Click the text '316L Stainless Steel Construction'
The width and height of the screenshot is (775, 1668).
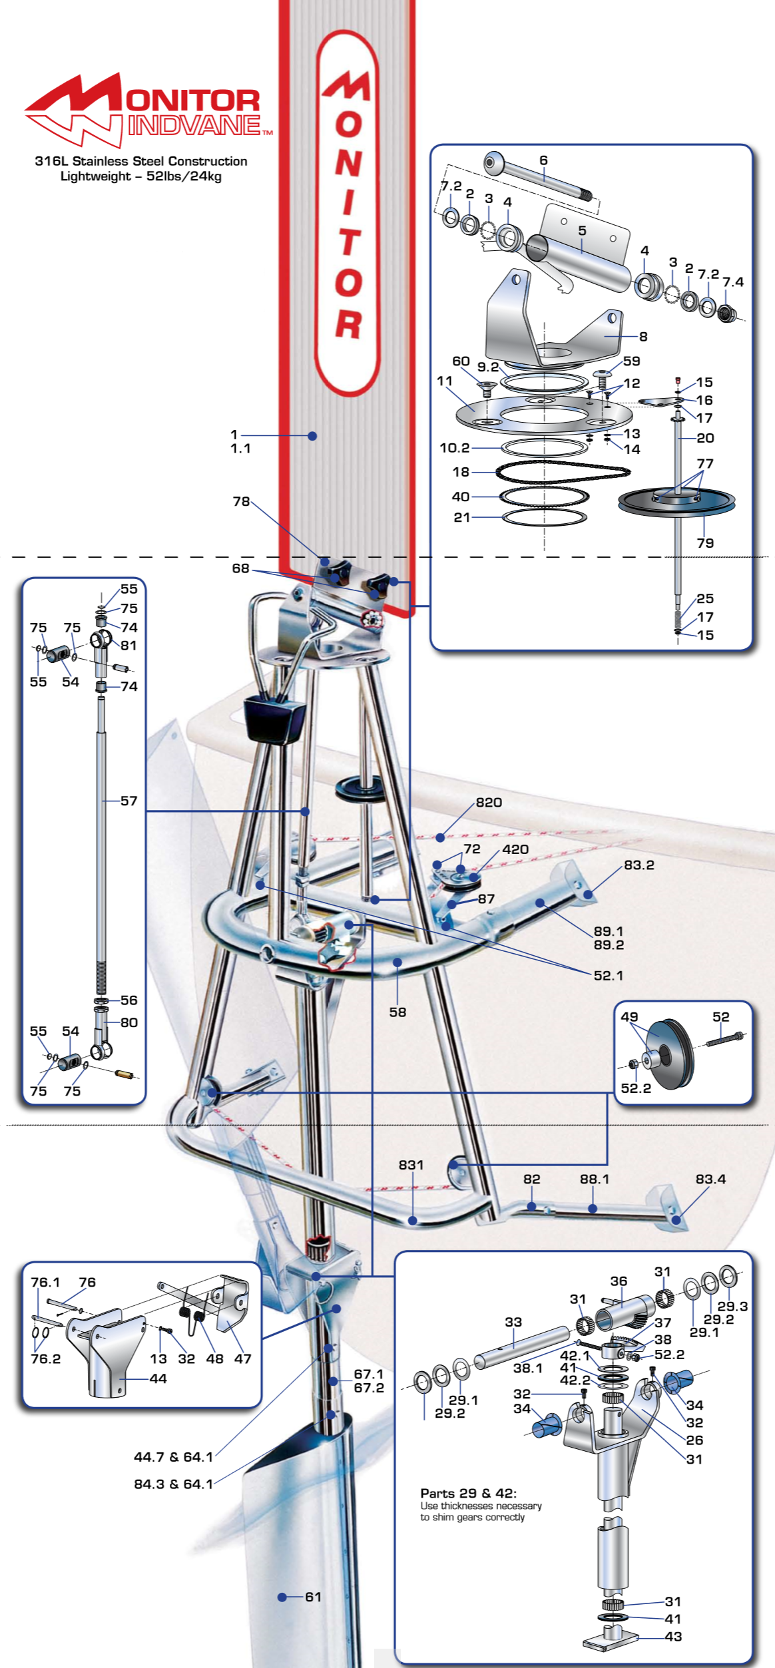tap(141, 161)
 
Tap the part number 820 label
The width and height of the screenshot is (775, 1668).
tap(489, 802)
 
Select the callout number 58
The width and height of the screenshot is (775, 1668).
tap(397, 1012)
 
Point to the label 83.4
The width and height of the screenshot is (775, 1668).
tap(710, 1179)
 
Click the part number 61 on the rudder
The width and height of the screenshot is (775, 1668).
tap(313, 1597)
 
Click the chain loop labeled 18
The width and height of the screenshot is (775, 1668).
tap(563, 471)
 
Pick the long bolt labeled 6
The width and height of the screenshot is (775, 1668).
tap(539, 176)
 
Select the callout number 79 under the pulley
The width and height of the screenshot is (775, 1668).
tap(705, 542)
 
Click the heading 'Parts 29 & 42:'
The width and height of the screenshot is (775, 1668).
tap(468, 1493)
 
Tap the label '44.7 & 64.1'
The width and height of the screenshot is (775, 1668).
tap(173, 1457)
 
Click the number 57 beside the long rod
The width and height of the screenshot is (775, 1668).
tap(129, 801)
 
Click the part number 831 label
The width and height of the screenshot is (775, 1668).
tap(411, 1165)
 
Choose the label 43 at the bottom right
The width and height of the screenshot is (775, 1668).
tap(673, 1636)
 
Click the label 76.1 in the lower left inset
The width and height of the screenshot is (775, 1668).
tap(45, 1282)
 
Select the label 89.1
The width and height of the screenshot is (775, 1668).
tap(609, 931)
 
